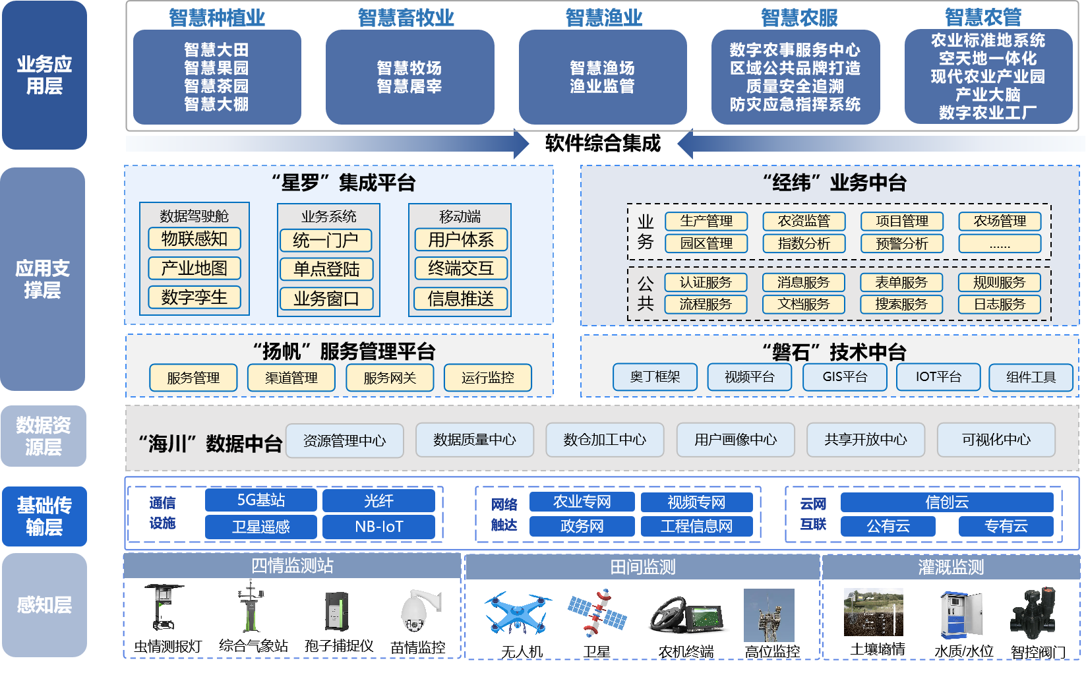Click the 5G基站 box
click(x=261, y=500)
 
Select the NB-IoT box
click(x=378, y=527)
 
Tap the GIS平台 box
click(x=845, y=377)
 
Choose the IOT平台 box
click(x=938, y=377)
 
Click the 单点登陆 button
click(x=326, y=269)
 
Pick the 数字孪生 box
click(x=195, y=297)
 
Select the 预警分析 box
click(x=901, y=244)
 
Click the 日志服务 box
click(x=1000, y=304)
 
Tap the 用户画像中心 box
click(x=735, y=440)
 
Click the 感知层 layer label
click(x=44, y=604)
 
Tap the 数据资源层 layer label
click(x=44, y=436)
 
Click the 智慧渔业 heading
click(x=603, y=18)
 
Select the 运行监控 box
click(x=487, y=378)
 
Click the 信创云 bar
click(x=946, y=502)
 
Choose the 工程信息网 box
click(x=696, y=526)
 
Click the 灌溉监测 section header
click(x=950, y=567)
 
